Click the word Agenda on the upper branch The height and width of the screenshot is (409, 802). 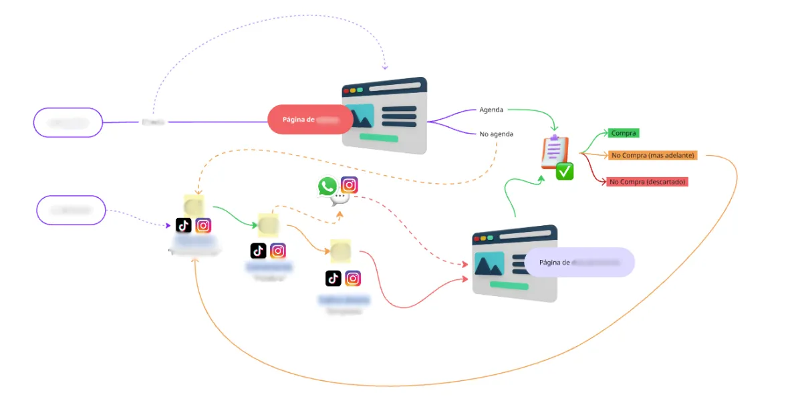[491, 110]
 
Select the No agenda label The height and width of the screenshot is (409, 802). [497, 134]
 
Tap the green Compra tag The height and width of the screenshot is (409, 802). [624, 133]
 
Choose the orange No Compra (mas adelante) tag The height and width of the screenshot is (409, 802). [653, 155]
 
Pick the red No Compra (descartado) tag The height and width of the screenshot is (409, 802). [648, 182]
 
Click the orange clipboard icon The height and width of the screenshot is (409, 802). [554, 152]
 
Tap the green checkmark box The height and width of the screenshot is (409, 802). [565, 172]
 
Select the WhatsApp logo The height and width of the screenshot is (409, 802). [327, 186]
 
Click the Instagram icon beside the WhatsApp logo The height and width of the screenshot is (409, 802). [350, 185]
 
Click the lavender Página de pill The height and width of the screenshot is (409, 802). [579, 263]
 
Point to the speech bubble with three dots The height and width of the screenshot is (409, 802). [342, 198]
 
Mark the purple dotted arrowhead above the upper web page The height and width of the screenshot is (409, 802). [384, 67]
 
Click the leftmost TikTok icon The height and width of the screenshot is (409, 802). [184, 225]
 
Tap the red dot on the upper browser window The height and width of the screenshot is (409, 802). [346, 91]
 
